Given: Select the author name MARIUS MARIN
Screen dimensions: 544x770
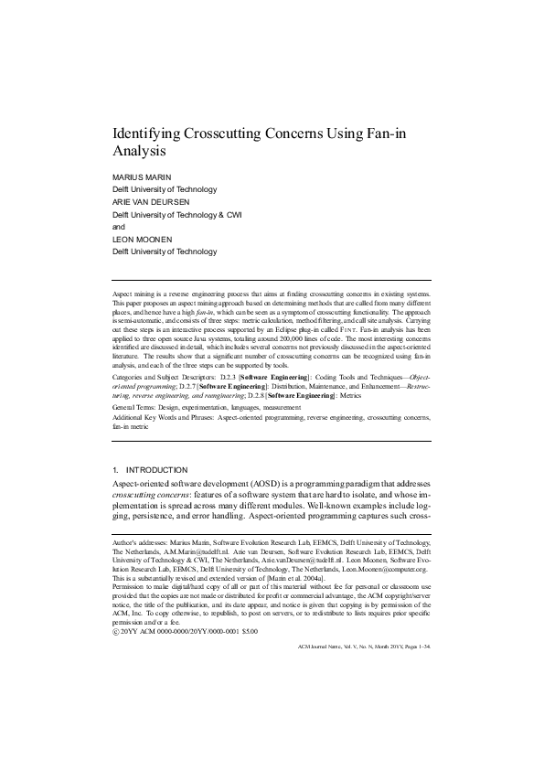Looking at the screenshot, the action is tap(143, 177).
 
